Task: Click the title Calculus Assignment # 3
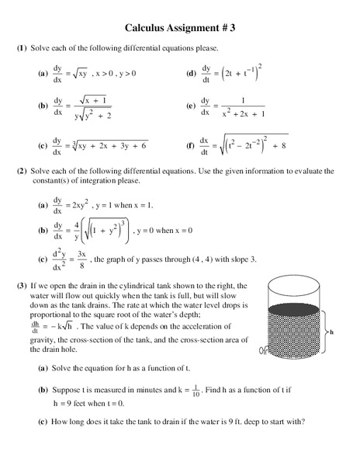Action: click(179, 26)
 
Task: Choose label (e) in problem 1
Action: click(191, 106)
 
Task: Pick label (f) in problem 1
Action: click(191, 145)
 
